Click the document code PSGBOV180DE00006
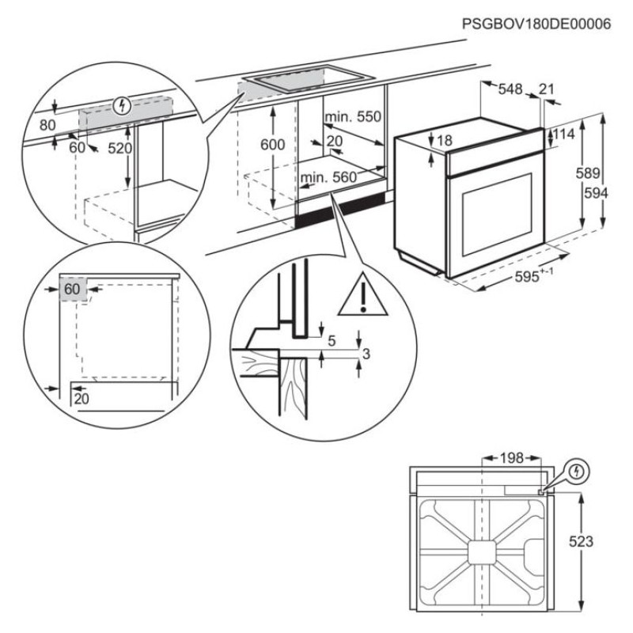pyautogui.click(x=537, y=25)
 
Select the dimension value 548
pyautogui.click(x=511, y=89)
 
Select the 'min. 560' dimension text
pyautogui.click(x=328, y=178)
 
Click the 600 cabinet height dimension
pyautogui.click(x=271, y=145)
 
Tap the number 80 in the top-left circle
pyautogui.click(x=47, y=124)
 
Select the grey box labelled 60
pyautogui.click(x=72, y=290)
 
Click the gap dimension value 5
pyautogui.click(x=332, y=341)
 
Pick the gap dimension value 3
pyautogui.click(x=365, y=354)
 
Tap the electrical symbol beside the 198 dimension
pyautogui.click(x=578, y=470)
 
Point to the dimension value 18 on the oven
pyautogui.click(x=444, y=140)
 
